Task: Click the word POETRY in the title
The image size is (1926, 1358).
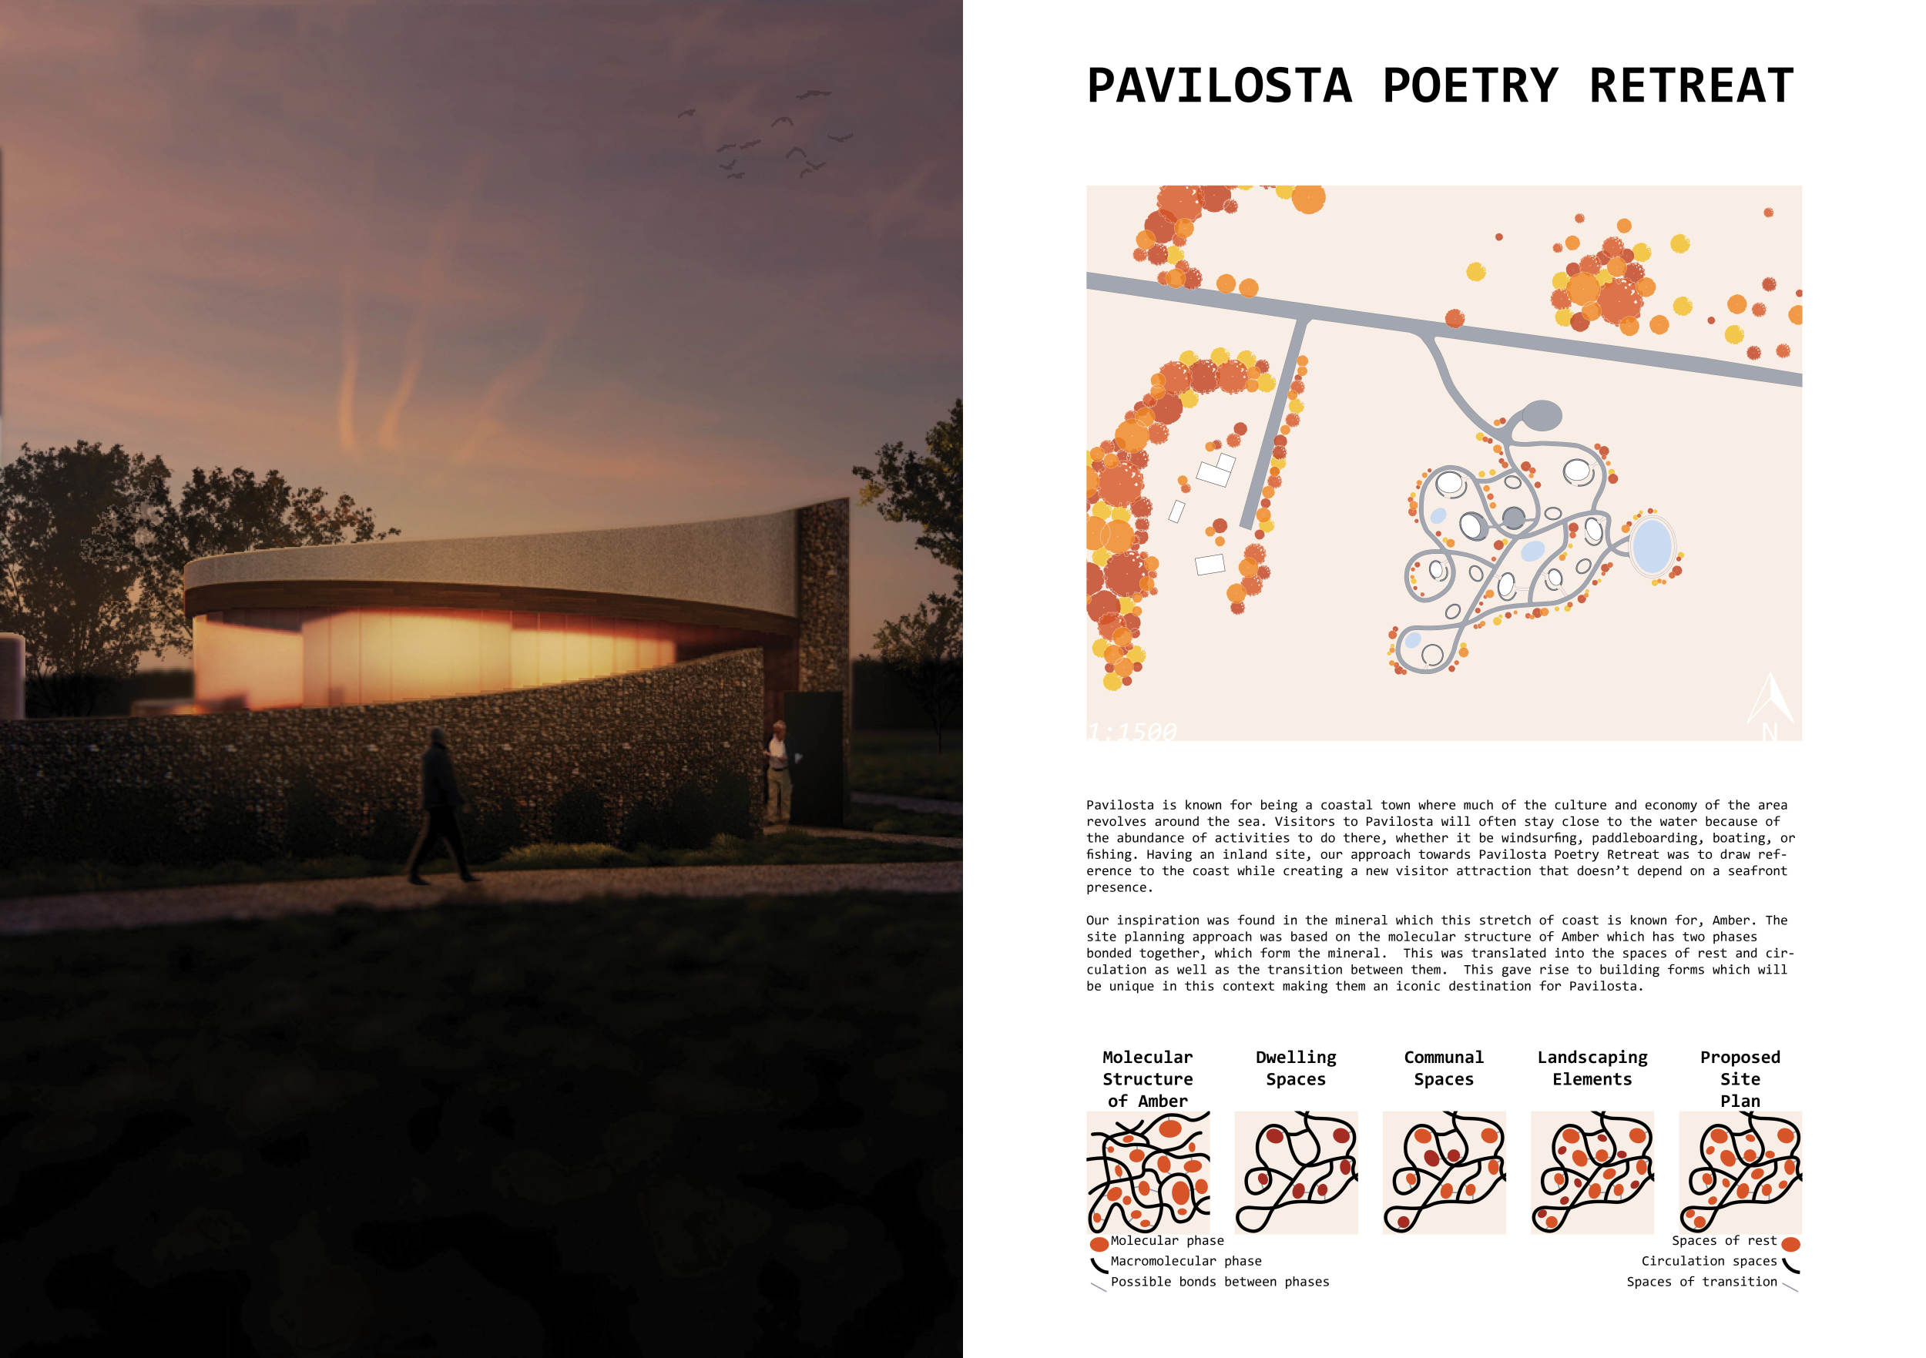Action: (x=1470, y=86)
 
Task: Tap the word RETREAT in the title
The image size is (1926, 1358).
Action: (x=1691, y=86)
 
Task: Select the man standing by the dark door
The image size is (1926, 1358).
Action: (x=778, y=772)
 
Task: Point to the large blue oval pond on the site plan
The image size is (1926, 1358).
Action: (x=1652, y=546)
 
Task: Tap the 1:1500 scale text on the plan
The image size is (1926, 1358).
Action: (x=1132, y=732)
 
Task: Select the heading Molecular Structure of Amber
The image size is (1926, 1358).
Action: (x=1146, y=1078)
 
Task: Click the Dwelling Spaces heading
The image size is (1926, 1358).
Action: (x=1295, y=1068)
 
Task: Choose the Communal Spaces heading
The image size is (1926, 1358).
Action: (x=1444, y=1068)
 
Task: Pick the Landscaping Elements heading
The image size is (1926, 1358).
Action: (x=1592, y=1068)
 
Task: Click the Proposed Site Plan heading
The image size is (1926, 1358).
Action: (x=1740, y=1078)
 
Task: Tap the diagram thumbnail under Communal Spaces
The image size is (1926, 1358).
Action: (x=1444, y=1172)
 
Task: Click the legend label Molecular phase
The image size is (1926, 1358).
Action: (x=1167, y=1241)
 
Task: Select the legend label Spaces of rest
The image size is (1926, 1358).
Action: (x=1724, y=1241)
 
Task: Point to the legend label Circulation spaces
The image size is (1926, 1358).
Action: (x=1709, y=1262)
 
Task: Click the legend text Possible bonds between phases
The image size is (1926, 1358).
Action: (x=1220, y=1282)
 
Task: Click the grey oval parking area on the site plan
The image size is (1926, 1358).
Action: (x=1542, y=414)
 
